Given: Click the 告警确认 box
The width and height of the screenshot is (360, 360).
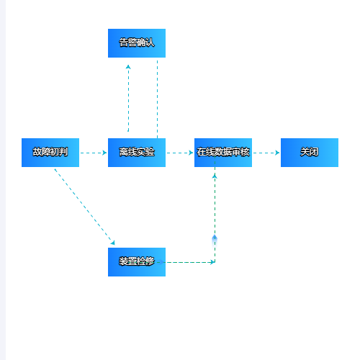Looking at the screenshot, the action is coord(137,43).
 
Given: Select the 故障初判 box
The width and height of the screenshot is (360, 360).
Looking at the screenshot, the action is coord(50,153).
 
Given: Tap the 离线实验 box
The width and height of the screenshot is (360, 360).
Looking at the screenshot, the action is coord(137,153).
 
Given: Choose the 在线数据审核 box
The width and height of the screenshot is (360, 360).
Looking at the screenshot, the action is coord(223,153).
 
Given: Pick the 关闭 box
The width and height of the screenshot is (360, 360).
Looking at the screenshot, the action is coord(310,153).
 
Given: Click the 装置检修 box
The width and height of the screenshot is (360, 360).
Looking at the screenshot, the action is coord(137,262).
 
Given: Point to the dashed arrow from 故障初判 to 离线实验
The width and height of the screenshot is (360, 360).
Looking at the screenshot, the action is coord(94,153).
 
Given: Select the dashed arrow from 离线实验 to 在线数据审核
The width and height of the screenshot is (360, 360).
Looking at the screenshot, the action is coord(180,153).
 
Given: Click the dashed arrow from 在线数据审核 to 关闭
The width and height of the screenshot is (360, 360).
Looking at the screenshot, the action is coord(266,153).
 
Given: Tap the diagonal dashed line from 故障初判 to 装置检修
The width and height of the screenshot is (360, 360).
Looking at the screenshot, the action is coord(85,207).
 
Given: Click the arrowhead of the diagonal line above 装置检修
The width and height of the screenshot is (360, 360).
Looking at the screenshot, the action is coord(113,243).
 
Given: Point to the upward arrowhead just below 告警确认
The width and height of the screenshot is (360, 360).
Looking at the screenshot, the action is coord(128,67).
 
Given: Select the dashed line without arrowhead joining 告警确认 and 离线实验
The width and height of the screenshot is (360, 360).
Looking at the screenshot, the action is coord(158,99).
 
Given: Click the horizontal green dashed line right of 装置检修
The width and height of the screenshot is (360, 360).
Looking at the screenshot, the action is coord(189,262).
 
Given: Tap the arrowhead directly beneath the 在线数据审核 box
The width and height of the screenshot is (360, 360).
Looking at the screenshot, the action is coord(215,176).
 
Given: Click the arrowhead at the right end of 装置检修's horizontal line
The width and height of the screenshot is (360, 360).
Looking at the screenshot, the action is coord(212,262).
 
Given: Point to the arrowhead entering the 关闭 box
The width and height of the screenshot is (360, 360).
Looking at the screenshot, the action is coord(277,153).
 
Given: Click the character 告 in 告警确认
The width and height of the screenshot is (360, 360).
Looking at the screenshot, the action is coord(123,42).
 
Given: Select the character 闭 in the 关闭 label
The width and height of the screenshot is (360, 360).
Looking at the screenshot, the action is coord(314,152).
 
